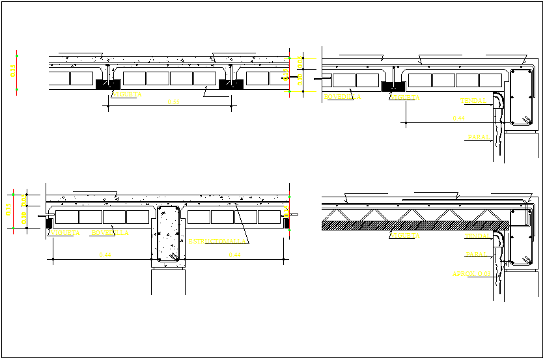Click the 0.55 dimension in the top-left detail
(x=173, y=102)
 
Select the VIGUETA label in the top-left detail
(x=127, y=94)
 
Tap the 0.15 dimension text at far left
(x=12, y=71)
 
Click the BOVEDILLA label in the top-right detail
(x=342, y=97)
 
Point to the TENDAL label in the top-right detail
(x=473, y=101)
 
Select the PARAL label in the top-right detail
(x=477, y=137)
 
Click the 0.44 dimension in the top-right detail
(x=459, y=118)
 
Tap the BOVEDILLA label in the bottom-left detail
(x=110, y=232)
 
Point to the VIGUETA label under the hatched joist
(x=406, y=236)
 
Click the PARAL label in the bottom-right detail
(x=476, y=254)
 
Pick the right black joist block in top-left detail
(x=231, y=84)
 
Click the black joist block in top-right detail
(x=392, y=85)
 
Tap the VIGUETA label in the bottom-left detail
(x=65, y=232)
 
